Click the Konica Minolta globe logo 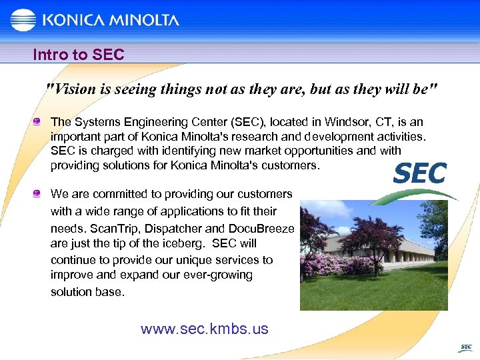pos(23,20)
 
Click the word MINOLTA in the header pos(144,20)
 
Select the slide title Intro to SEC pos(79,55)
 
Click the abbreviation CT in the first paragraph pos(355,122)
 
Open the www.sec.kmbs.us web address pos(205,329)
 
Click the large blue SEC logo pos(420,174)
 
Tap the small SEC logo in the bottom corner pos(465,347)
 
